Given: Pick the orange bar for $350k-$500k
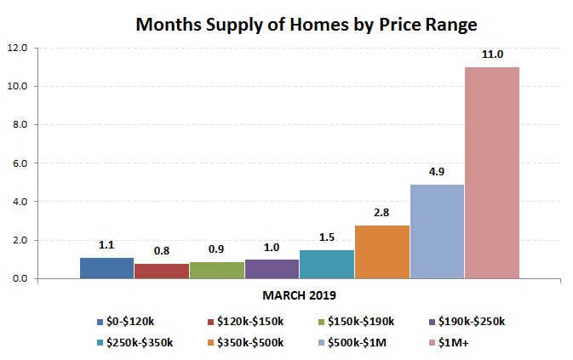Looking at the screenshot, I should tap(382, 252).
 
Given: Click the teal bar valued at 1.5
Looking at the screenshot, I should tap(327, 264).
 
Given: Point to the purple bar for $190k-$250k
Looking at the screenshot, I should tap(272, 269).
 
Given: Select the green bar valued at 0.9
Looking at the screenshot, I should tap(217, 270).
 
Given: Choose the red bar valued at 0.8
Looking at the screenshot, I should tap(162, 271).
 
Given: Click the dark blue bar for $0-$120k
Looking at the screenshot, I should tap(107, 268).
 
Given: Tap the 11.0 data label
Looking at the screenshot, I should tap(492, 54).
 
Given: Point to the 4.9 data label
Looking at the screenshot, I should tap(437, 171).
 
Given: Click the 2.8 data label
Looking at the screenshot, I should tap(382, 212).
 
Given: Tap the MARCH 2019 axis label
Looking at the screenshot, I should tap(300, 296).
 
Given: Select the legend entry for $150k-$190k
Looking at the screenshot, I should tap(353, 321).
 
